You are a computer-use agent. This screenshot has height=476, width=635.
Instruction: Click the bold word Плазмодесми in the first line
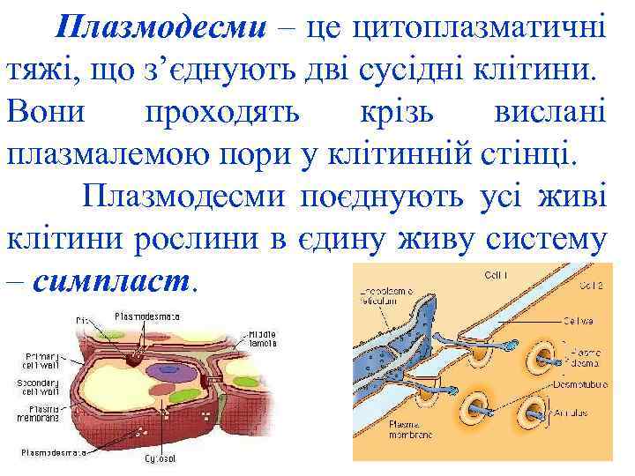pos(158,30)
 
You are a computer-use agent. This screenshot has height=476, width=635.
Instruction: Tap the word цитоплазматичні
pos(479,30)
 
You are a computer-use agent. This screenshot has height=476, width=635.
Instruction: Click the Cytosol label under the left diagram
pos(161,458)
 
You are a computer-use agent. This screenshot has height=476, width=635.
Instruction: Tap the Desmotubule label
pos(576,384)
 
